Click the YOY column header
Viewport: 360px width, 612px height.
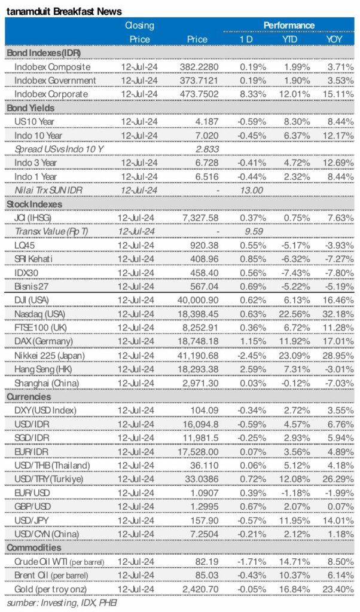click(x=335, y=39)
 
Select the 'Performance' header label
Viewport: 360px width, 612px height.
click(x=289, y=25)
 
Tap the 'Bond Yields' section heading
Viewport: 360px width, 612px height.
click(x=30, y=108)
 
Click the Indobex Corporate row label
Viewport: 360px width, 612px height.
click(x=51, y=94)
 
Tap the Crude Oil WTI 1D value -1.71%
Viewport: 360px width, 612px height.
click(x=251, y=561)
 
